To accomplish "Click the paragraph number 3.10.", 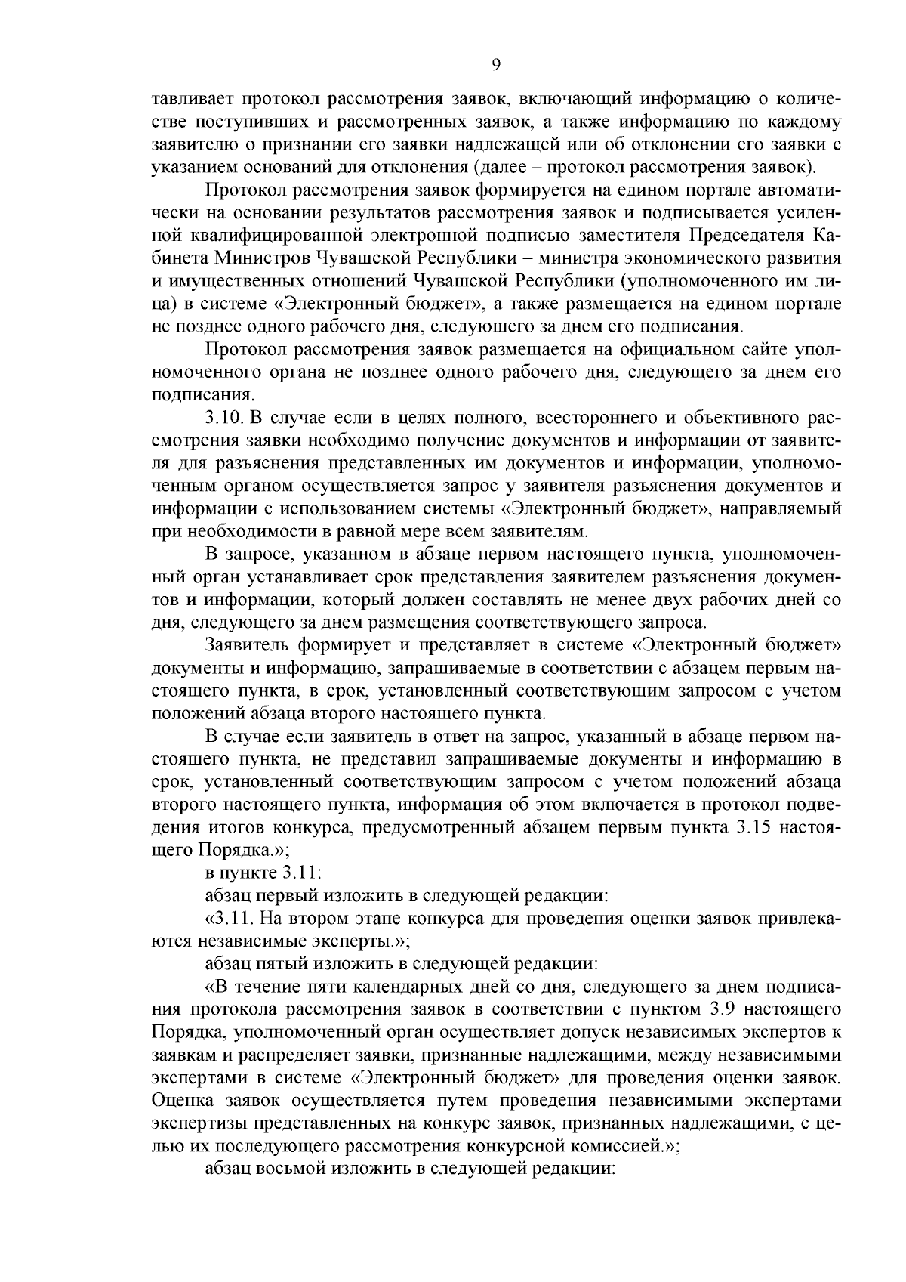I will pos(225,418).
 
